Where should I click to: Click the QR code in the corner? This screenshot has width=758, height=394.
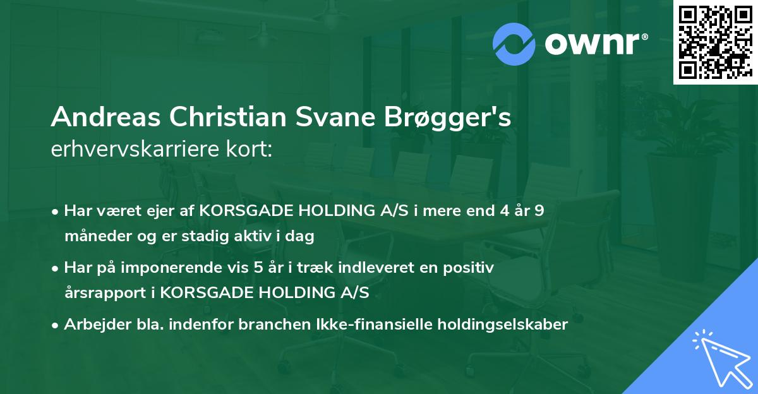click(715, 42)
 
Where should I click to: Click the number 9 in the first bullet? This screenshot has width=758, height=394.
click(539, 211)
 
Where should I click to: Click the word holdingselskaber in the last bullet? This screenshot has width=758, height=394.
click(498, 325)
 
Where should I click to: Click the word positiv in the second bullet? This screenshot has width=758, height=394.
click(471, 268)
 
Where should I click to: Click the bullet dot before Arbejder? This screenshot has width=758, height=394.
click(56, 325)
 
